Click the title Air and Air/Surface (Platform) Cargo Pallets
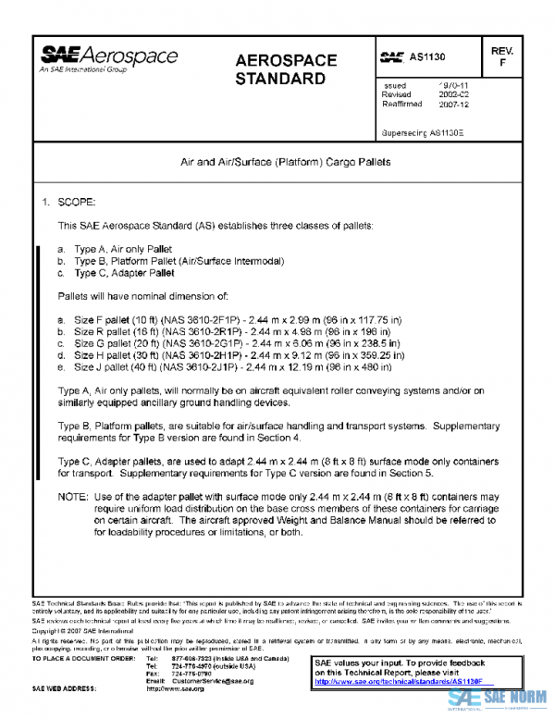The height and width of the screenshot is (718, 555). [x=285, y=162]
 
